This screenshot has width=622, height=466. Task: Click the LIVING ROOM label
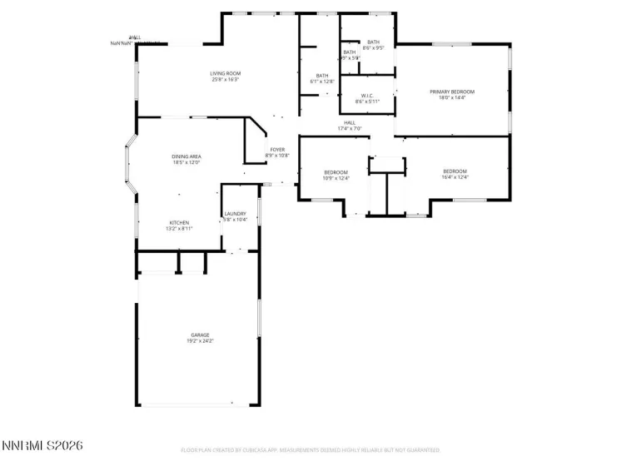click(x=226, y=74)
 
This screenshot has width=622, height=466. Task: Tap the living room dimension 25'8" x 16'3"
click(x=226, y=81)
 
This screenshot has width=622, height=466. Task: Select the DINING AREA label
click(x=187, y=156)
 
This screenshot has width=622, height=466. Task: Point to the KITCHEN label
click(x=179, y=222)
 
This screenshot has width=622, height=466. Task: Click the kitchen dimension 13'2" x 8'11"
click(x=179, y=229)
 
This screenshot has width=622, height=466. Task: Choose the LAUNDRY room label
click(x=235, y=214)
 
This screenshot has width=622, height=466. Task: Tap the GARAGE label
click(x=200, y=335)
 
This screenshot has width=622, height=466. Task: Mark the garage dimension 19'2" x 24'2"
click(x=200, y=341)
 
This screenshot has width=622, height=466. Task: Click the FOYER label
click(x=276, y=150)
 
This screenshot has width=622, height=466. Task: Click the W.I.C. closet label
click(x=367, y=95)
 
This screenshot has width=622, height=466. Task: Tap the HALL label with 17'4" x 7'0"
click(x=350, y=122)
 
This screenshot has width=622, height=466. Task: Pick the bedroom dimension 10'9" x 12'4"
click(x=336, y=178)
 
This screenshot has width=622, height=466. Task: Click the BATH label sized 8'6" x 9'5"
click(x=373, y=42)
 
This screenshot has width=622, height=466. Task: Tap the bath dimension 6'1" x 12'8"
click(x=322, y=82)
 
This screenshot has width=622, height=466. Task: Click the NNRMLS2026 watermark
click(x=42, y=447)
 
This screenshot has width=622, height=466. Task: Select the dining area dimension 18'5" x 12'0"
click(x=187, y=163)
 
